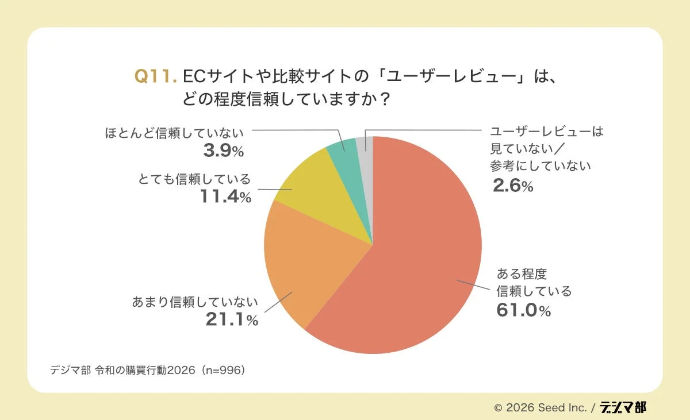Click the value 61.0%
523,310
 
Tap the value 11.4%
225,196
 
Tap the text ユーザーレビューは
546,131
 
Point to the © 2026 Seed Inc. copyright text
540,407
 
